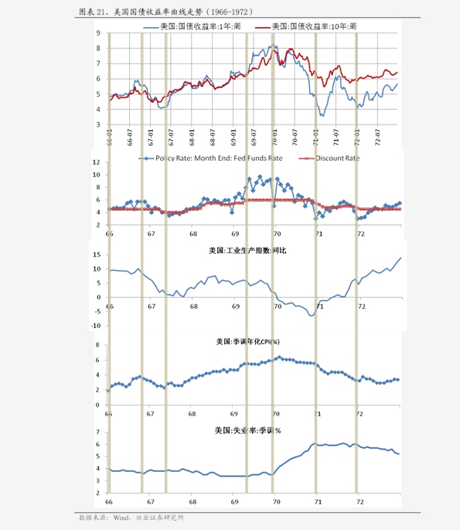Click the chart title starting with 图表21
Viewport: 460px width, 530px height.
pyautogui.click(x=165, y=12)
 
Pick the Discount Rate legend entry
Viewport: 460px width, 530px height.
pyautogui.click(x=340, y=158)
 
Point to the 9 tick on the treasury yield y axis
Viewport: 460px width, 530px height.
pyautogui.click(x=98, y=33)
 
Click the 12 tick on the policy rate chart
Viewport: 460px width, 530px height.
pyautogui.click(x=97, y=162)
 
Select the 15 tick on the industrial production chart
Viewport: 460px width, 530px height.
pyautogui.click(x=97, y=255)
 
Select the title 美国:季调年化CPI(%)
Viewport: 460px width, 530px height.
pyautogui.click(x=247, y=341)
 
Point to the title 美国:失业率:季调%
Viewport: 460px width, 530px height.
pyautogui.click(x=247, y=430)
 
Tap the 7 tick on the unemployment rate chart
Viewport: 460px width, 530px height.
pyautogui.click(x=99, y=433)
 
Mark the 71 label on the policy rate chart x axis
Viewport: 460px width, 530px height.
pyautogui.click(x=317, y=234)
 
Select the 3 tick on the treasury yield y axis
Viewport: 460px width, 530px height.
pyautogui.click(x=98, y=124)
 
